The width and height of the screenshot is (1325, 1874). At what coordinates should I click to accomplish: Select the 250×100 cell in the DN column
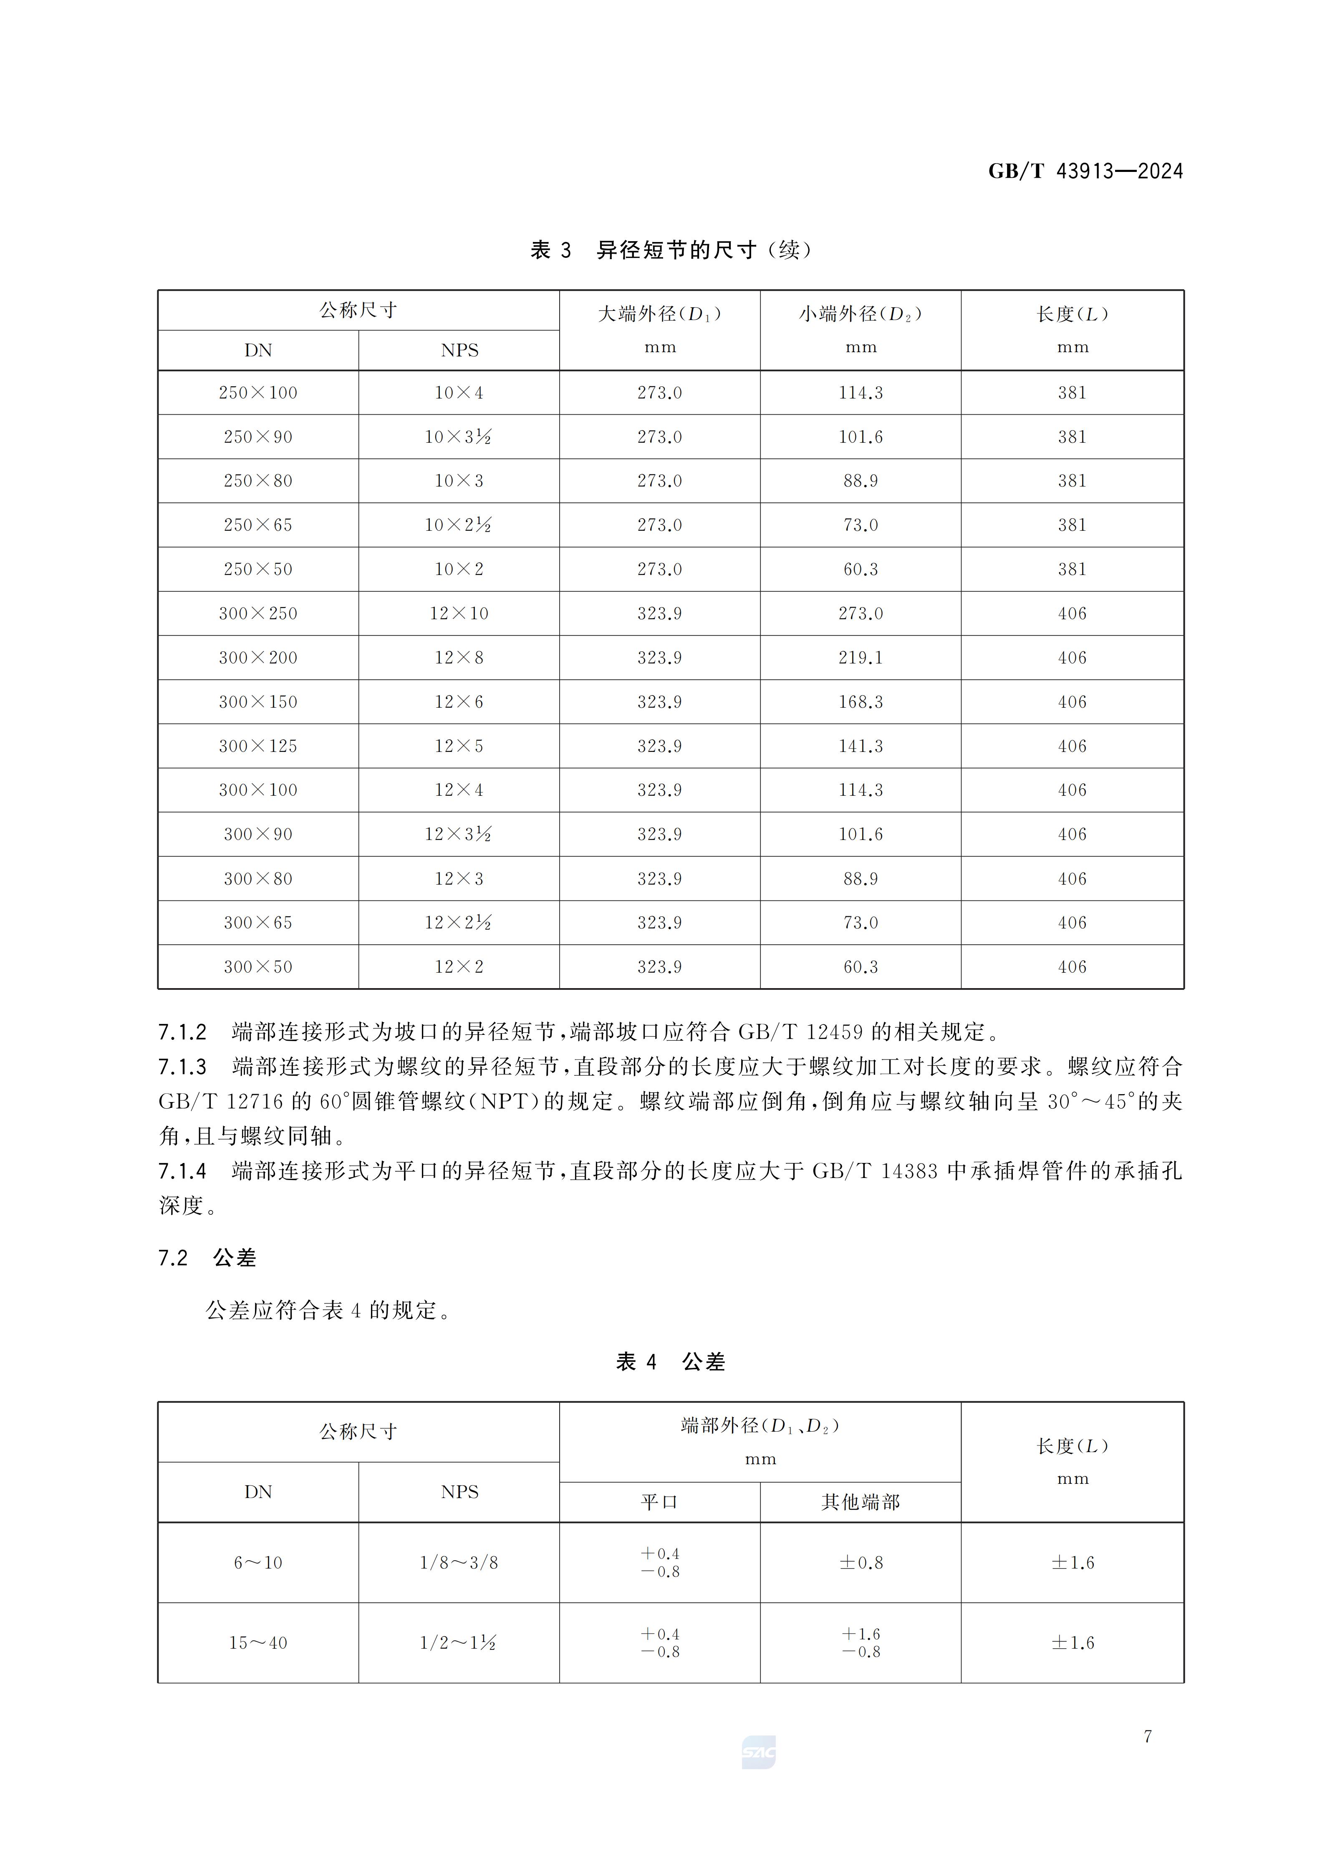tap(258, 393)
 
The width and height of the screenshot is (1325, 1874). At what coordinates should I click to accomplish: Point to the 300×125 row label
tap(258, 746)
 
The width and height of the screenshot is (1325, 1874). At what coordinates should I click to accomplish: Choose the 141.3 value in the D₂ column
tap(861, 746)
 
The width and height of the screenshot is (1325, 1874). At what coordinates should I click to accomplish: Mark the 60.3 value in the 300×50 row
tap(861, 967)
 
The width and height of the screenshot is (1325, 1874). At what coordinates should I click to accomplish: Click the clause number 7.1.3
tap(182, 1067)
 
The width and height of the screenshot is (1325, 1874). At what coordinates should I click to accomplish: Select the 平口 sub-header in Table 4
tap(660, 1502)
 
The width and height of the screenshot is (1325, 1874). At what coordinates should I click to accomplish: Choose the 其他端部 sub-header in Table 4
tap(861, 1502)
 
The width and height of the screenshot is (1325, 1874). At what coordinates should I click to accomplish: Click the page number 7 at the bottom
tap(1147, 1736)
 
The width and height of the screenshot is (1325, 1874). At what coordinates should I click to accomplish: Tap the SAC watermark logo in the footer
tap(758, 1753)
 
